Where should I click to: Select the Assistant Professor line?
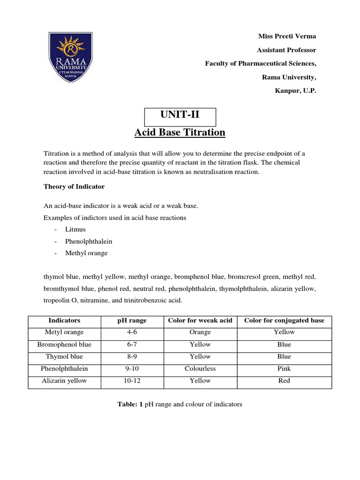coord(287,50)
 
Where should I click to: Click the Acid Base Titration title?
coord(180,133)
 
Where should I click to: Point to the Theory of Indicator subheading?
coord(74,187)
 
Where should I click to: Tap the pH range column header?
coord(132,321)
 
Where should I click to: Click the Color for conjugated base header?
coord(284,321)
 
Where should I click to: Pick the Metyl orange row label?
coord(64,332)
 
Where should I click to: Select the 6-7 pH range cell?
coord(132,345)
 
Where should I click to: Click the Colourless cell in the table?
coord(200,369)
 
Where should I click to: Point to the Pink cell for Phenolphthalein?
coord(284,369)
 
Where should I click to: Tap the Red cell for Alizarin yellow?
coord(284,381)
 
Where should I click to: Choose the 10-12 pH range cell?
coord(132,381)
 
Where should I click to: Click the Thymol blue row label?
coord(64,357)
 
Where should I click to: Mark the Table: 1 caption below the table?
coord(180,404)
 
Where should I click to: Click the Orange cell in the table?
coord(200,332)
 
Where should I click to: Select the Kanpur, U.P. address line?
coord(295,91)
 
